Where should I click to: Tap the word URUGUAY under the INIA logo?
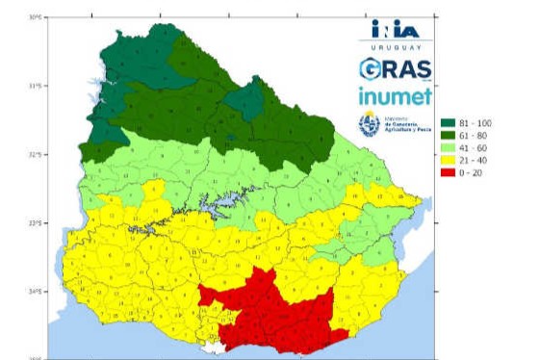[x=395, y=46]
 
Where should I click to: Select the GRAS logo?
[x=395, y=69]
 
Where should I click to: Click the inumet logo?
[x=395, y=96]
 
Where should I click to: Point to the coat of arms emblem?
[x=369, y=123]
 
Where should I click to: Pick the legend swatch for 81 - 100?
[x=448, y=123]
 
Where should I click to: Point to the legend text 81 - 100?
[x=476, y=123]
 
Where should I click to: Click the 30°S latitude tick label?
[x=36, y=17]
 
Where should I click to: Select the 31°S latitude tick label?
[x=36, y=86]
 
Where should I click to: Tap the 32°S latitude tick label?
[x=36, y=154]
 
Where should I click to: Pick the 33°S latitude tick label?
[x=36, y=223]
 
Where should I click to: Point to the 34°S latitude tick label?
[x=36, y=292]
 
